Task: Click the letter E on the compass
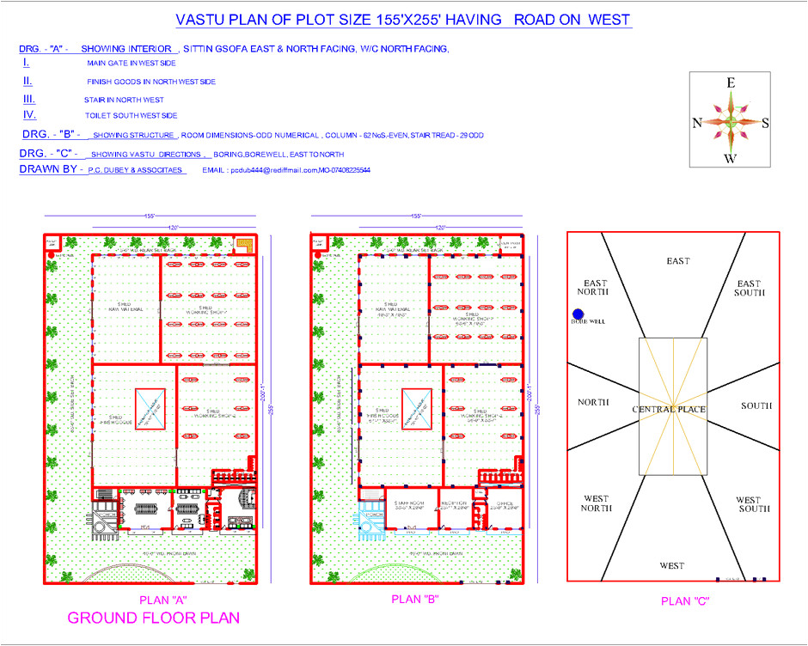pos(731,83)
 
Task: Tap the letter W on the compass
pos(730,158)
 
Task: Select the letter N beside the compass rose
pos(697,123)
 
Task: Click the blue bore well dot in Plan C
pos(578,315)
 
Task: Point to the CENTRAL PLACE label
pos(669,409)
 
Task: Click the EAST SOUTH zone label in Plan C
pos(749,288)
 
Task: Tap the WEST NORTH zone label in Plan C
pos(596,503)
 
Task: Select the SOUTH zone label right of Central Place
pos(757,405)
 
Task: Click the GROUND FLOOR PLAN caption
pos(153,618)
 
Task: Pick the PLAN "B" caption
pos(416,600)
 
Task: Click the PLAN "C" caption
pos(686,601)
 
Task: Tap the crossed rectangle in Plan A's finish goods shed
pos(150,408)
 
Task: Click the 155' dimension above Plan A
pos(150,216)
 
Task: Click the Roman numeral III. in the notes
pos(29,99)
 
